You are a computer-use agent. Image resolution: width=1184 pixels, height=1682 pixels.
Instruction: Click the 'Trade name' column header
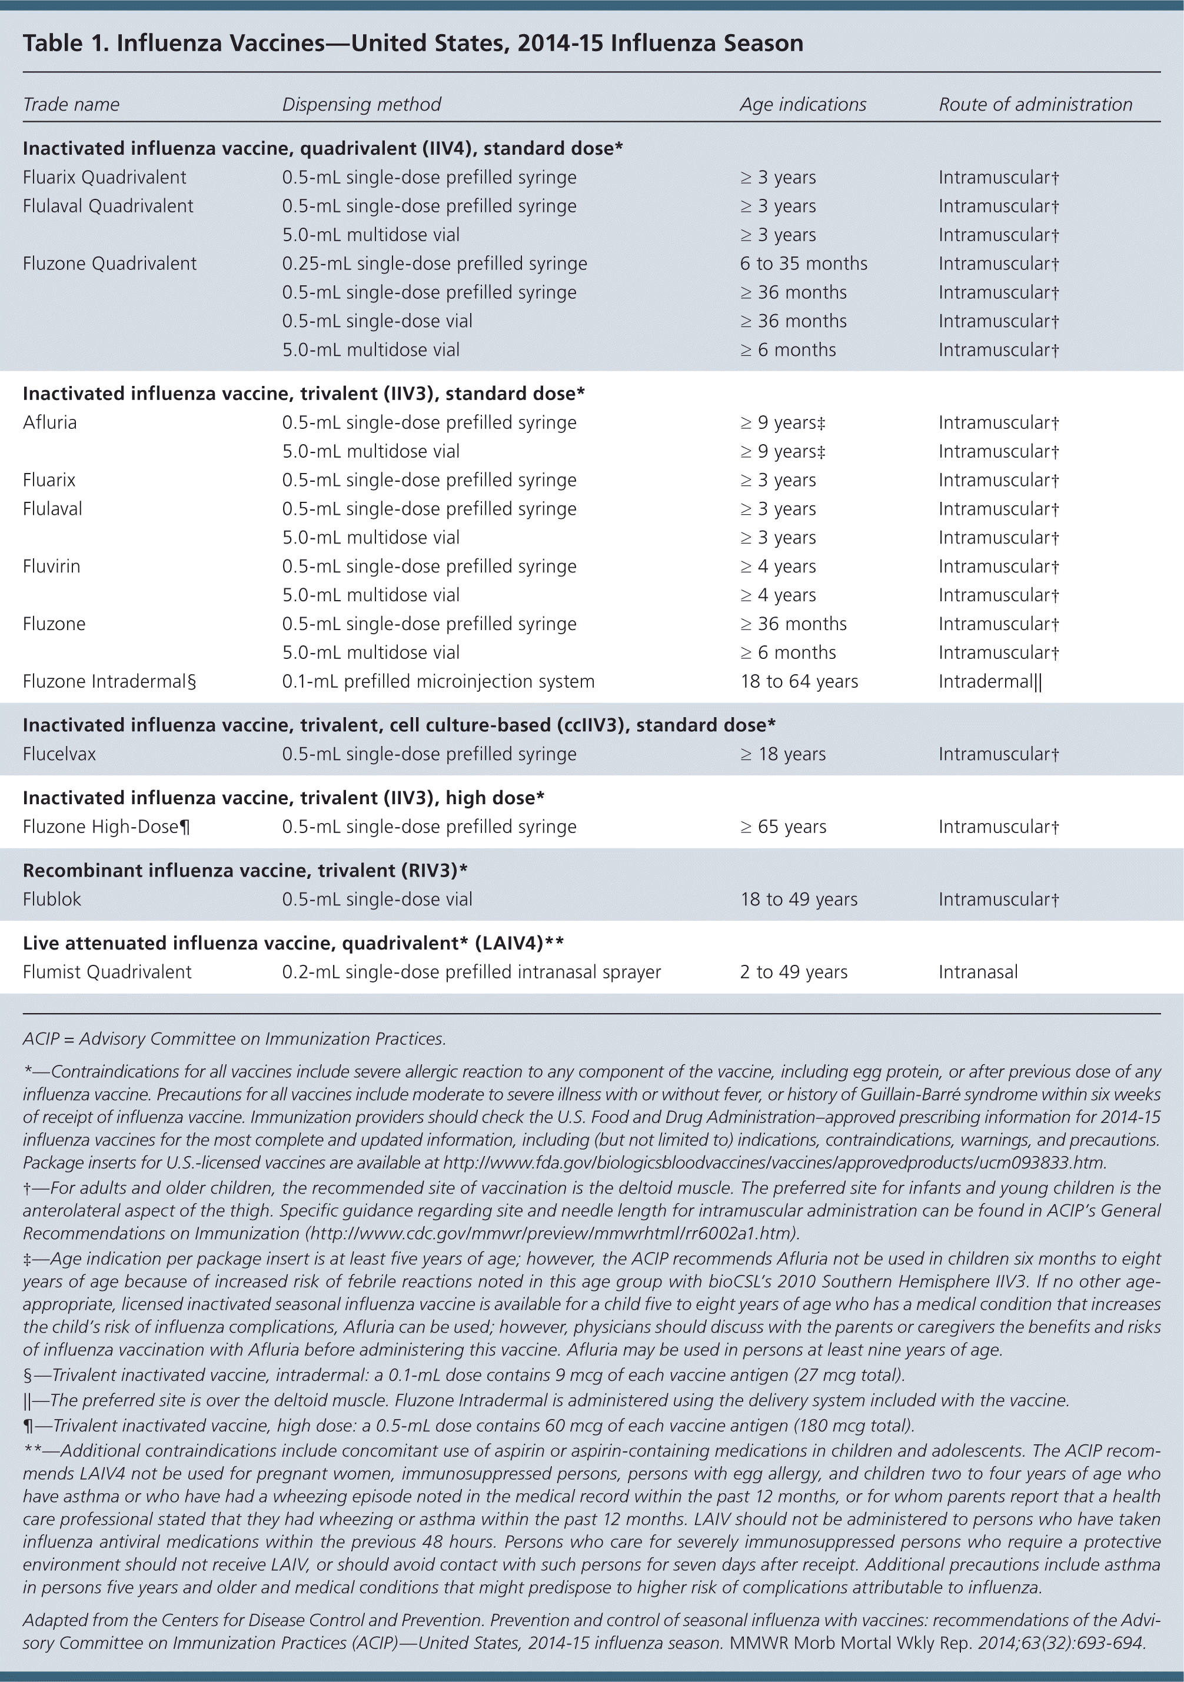click(x=71, y=104)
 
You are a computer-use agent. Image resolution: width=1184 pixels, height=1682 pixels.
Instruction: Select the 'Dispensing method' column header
click(x=361, y=104)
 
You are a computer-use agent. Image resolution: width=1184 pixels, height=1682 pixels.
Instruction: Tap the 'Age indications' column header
click(x=802, y=104)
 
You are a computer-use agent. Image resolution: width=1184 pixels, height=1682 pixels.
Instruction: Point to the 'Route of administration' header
click(x=1035, y=104)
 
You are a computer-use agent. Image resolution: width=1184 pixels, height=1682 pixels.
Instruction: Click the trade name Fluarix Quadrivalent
click(x=104, y=177)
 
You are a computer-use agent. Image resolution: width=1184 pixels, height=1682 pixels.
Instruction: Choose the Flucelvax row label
click(x=59, y=754)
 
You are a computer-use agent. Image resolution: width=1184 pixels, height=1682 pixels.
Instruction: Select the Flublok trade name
click(x=52, y=899)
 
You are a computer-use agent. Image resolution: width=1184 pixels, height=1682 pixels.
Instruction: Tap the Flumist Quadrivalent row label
click(x=107, y=971)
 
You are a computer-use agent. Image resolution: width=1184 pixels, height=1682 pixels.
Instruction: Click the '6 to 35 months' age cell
click(x=803, y=264)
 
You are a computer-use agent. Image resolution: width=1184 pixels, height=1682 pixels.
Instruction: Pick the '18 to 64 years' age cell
click(x=799, y=681)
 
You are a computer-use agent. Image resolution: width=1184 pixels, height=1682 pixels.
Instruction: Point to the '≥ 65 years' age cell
click(x=783, y=827)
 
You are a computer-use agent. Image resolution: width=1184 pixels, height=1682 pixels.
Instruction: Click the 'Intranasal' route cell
click(x=978, y=971)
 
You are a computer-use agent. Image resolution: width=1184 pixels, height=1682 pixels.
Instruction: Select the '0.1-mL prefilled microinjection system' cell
click(x=438, y=681)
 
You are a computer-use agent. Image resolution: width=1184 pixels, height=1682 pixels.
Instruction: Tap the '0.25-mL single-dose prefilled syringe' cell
click(x=434, y=264)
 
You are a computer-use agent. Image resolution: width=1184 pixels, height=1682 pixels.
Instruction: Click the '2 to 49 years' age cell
click(x=793, y=971)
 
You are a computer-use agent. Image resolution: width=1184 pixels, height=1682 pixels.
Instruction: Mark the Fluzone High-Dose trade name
click(x=107, y=827)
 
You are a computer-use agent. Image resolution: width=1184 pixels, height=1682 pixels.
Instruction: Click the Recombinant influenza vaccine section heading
click(x=245, y=870)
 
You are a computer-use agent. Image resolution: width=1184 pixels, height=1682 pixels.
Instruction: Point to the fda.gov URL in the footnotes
click(x=774, y=1163)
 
